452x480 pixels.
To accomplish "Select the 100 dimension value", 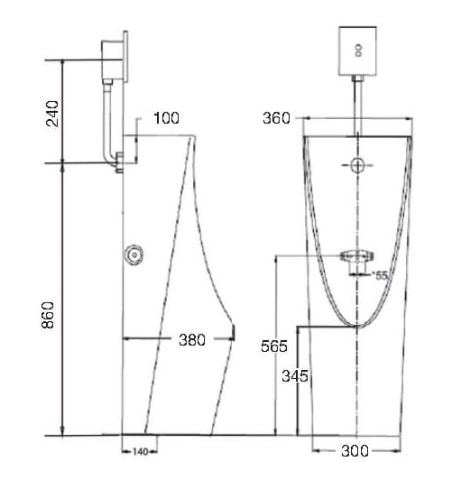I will (x=166, y=118).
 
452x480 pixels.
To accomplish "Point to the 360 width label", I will (x=276, y=118).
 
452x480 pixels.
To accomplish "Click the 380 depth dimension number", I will (x=191, y=339).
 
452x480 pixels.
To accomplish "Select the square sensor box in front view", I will (x=359, y=51).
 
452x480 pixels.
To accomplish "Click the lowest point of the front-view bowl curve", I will (x=358, y=325).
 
